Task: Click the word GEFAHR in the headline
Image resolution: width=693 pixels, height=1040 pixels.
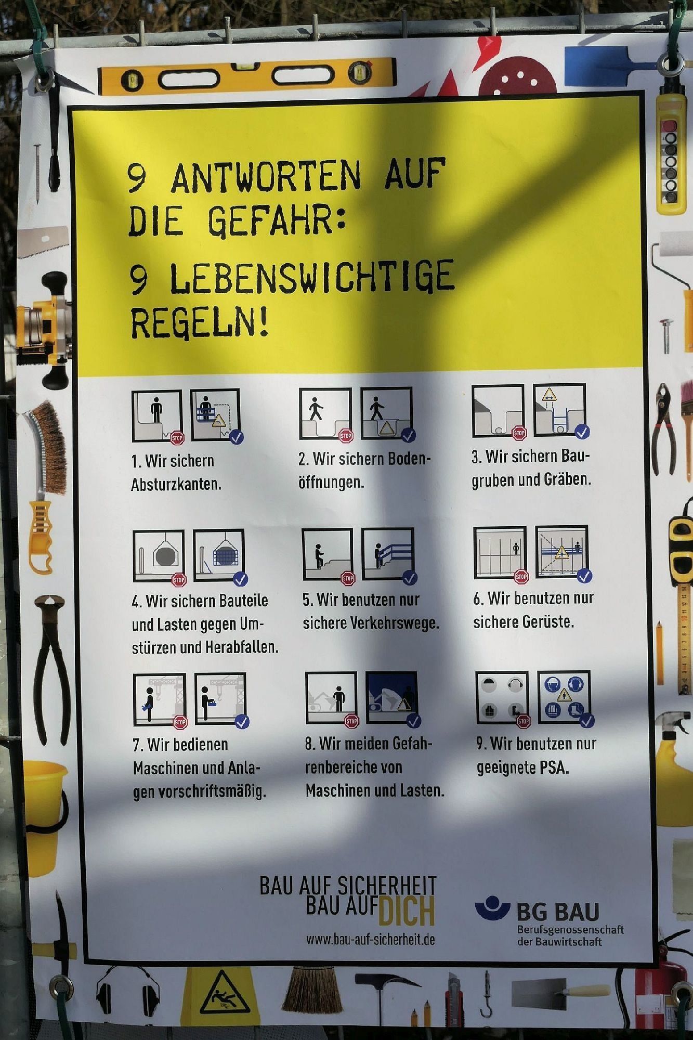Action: [276, 220]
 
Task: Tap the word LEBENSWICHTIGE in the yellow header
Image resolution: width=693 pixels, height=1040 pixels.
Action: [312, 276]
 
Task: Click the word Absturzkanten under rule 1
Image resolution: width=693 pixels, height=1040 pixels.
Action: [176, 484]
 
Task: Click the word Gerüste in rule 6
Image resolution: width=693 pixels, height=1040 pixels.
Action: [548, 622]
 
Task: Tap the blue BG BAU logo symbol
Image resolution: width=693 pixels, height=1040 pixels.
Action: [492, 908]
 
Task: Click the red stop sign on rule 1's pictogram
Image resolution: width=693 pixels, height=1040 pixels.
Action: [177, 437]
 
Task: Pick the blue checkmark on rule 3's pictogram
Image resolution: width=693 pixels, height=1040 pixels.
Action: [582, 432]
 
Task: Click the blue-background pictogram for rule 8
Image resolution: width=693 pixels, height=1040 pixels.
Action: [391, 697]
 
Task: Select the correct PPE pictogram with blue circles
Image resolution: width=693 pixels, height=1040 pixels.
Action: [564, 697]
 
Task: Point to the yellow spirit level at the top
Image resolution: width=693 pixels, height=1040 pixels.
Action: [247, 77]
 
